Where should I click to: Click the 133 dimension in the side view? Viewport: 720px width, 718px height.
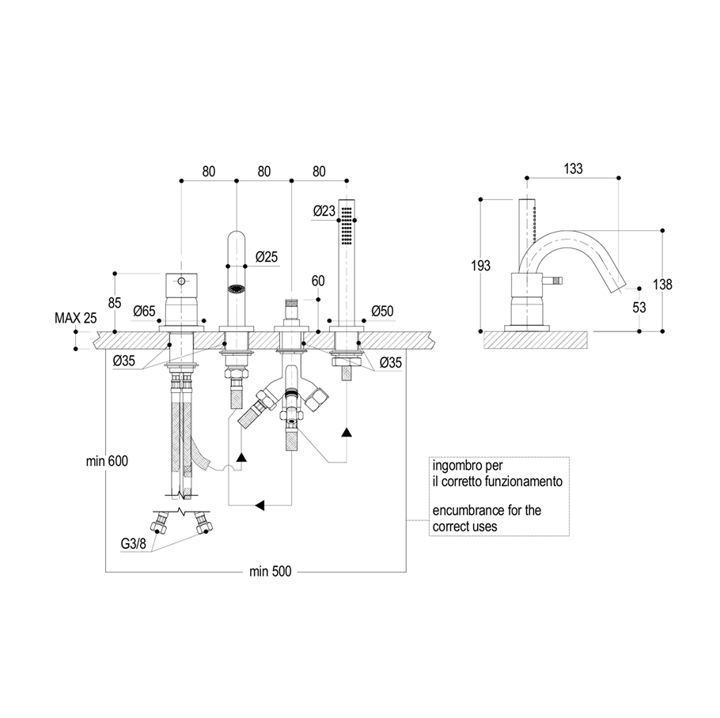(573, 169)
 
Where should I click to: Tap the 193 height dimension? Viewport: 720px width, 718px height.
(481, 265)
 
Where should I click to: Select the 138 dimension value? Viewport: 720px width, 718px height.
(662, 285)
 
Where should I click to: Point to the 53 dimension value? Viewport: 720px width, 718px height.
(639, 307)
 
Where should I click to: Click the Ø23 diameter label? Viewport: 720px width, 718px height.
(324, 211)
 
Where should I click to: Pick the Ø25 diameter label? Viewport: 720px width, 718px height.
(267, 256)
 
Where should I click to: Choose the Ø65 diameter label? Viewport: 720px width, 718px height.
(144, 312)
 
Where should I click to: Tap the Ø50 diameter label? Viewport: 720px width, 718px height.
(382, 311)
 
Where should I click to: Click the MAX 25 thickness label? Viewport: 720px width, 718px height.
(76, 318)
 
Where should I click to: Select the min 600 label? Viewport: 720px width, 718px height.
(107, 461)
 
